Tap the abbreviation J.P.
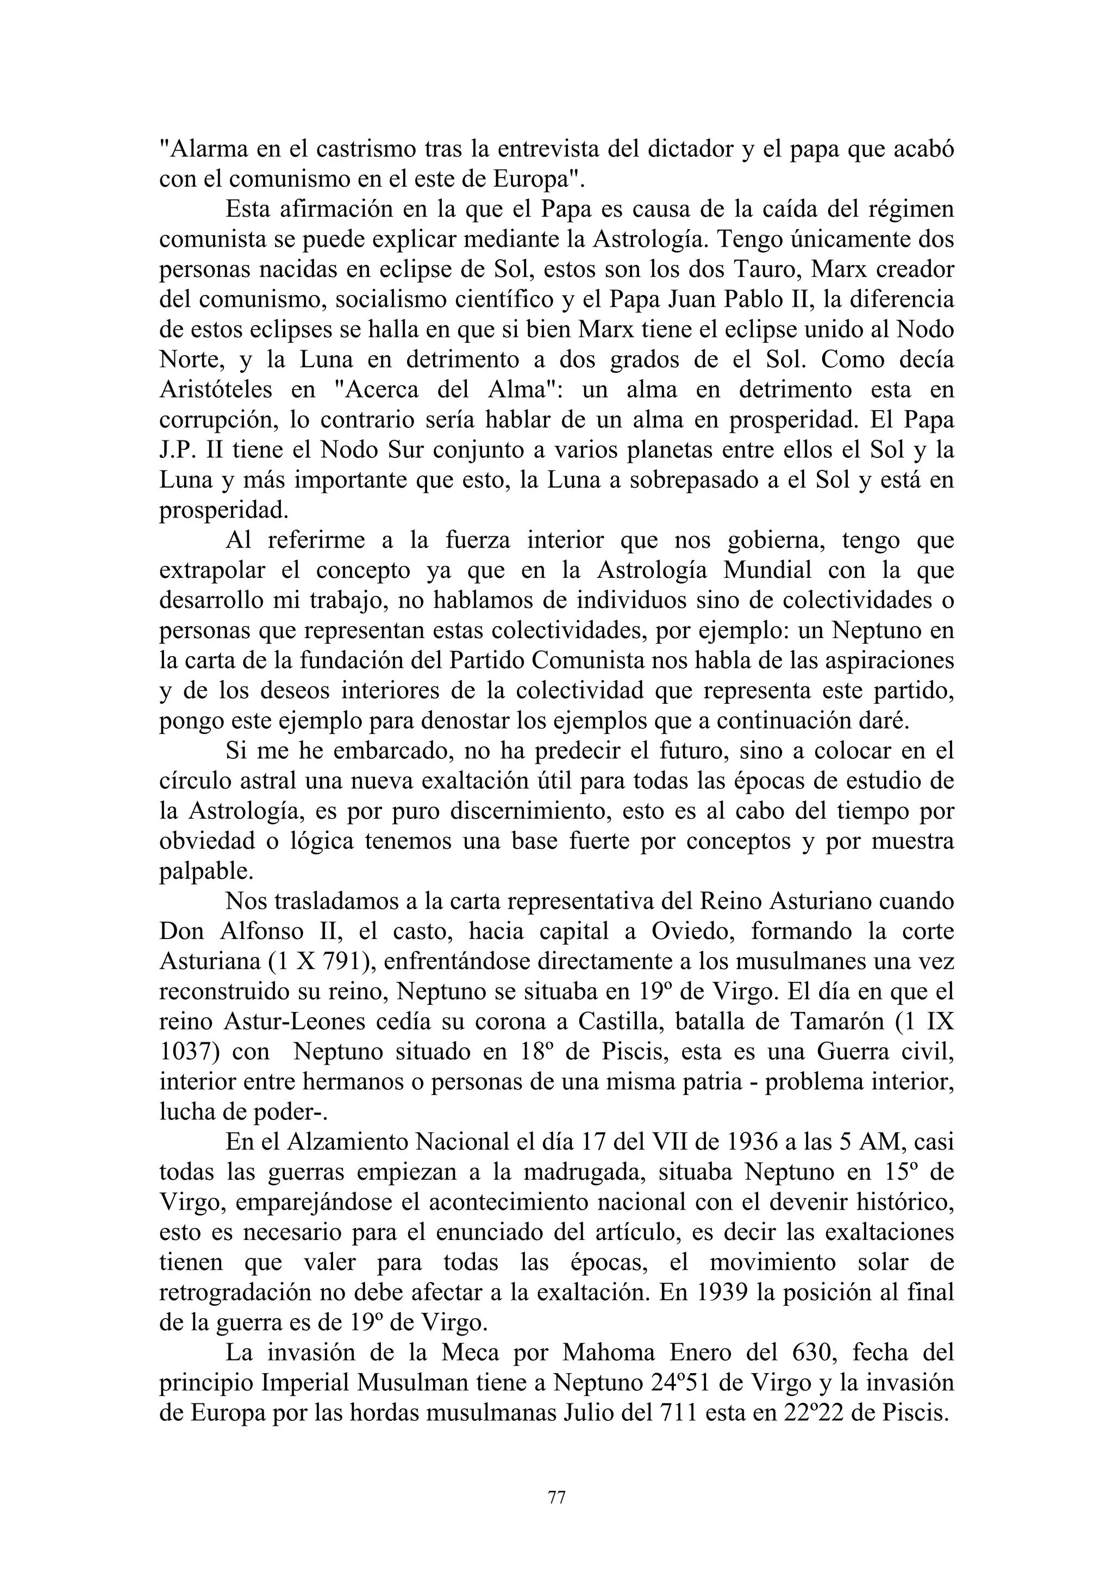point(181,450)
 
